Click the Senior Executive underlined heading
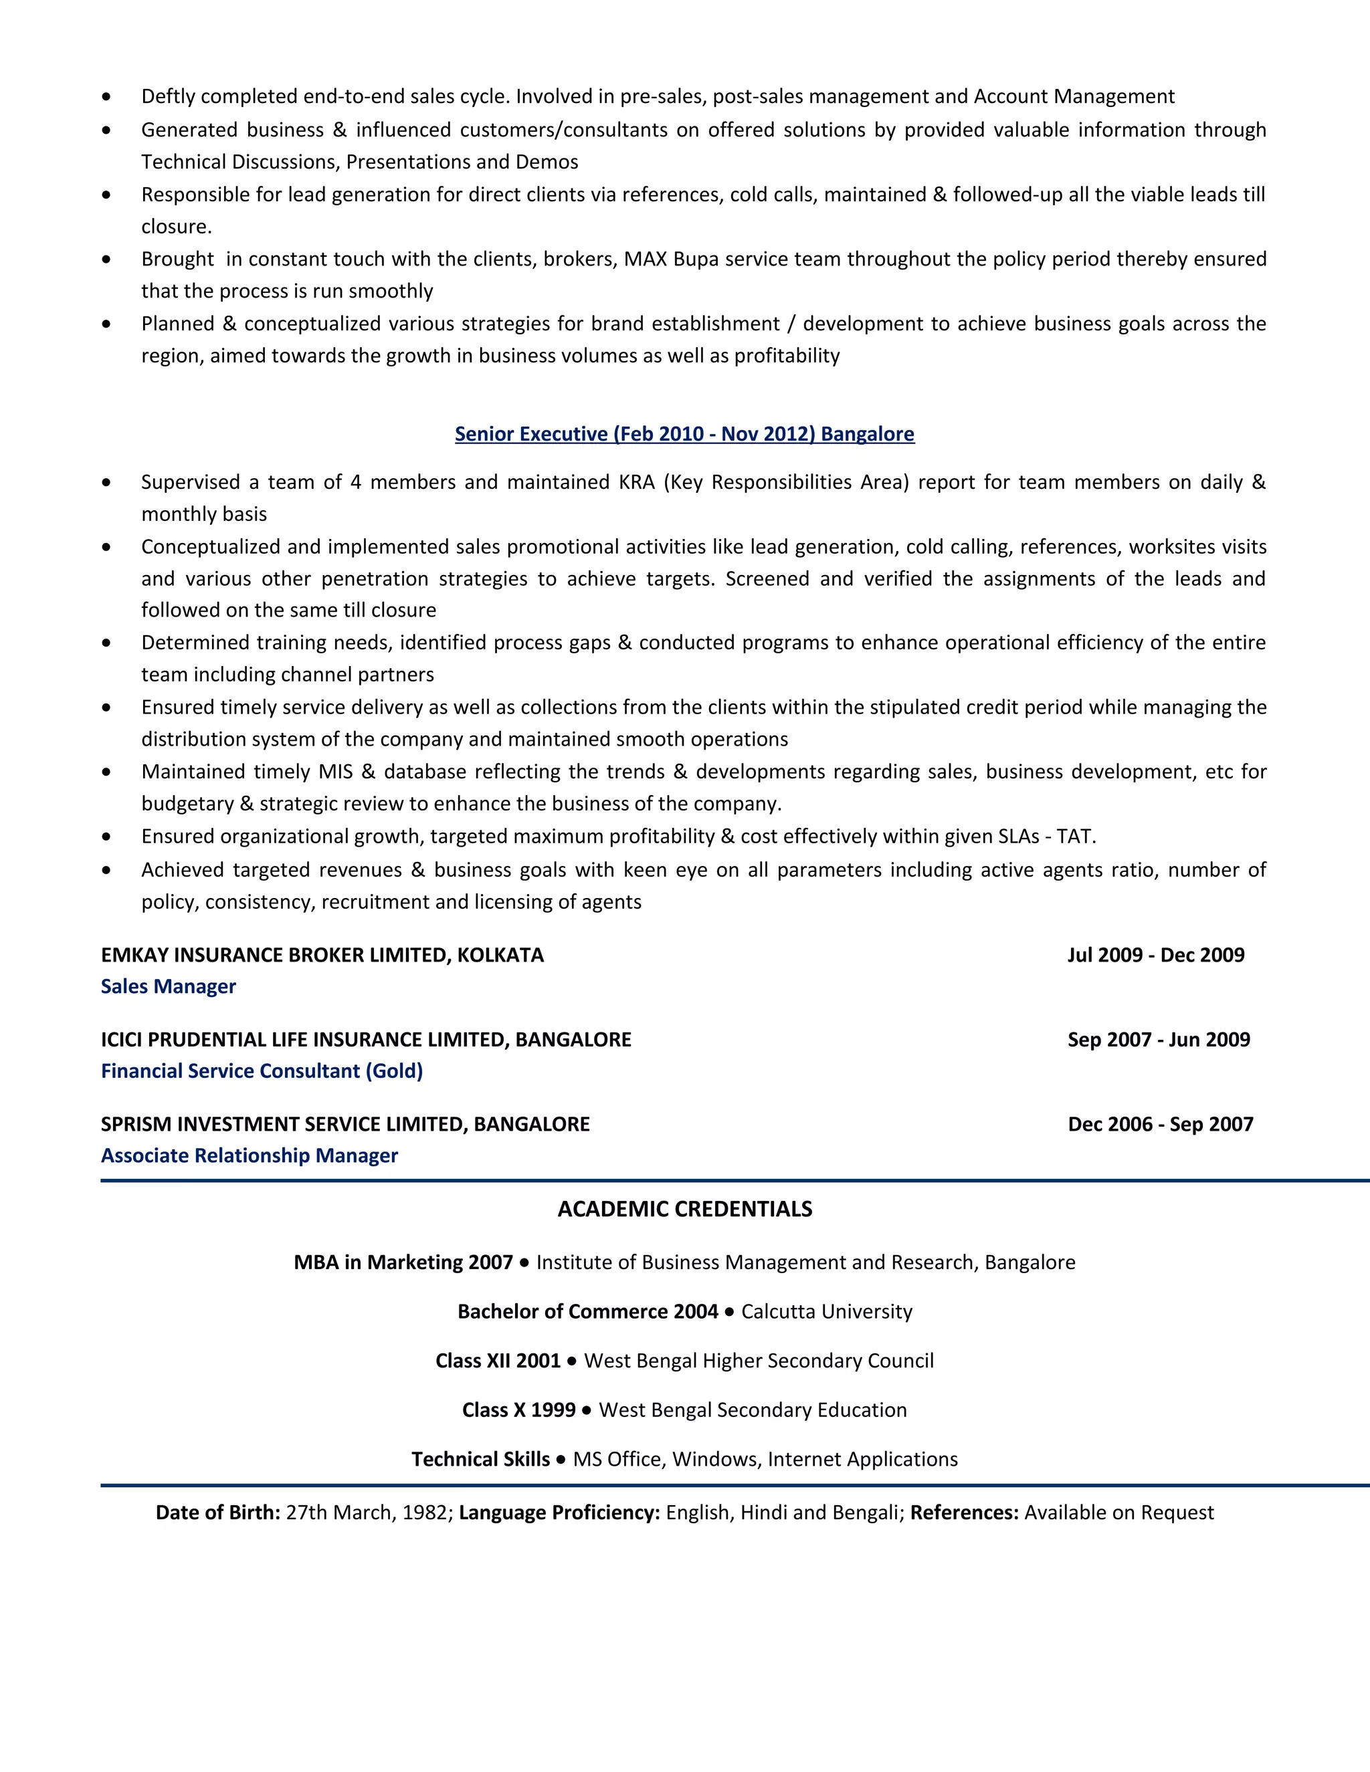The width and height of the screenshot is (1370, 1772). coord(684,434)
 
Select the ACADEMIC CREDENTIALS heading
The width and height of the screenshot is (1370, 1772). coord(684,1209)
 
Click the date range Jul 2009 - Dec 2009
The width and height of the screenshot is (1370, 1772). coord(1156,955)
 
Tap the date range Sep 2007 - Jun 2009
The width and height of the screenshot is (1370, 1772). coord(1158,1039)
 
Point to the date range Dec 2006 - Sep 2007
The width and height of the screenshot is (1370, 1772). coord(1161,1124)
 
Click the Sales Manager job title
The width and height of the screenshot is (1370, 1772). coord(168,986)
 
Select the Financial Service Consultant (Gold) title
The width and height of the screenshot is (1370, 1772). coord(262,1071)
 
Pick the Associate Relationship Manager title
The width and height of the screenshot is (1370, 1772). coord(249,1155)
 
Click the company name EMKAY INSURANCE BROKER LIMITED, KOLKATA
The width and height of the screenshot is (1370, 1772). coord(322,955)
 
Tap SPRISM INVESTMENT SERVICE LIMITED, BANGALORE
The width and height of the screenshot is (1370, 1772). coord(345,1124)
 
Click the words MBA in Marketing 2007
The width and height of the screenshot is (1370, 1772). coord(403,1262)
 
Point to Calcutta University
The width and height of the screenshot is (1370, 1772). coord(826,1312)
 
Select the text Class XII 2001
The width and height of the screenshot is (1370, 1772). coord(498,1361)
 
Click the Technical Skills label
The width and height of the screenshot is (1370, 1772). coord(480,1460)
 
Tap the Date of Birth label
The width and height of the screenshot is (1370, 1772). coord(217,1513)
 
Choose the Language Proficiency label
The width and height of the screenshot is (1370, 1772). coord(559,1513)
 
